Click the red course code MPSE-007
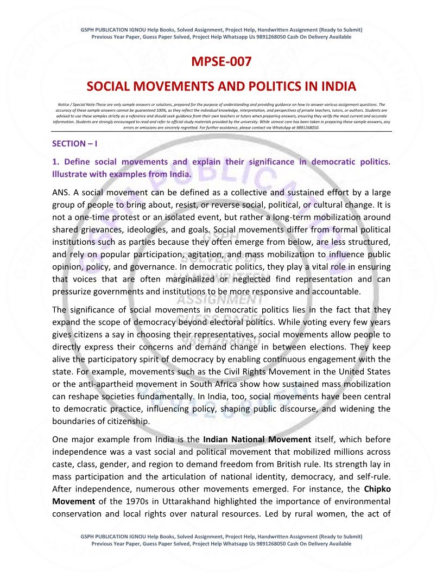[221, 62]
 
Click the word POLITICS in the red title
[262, 87]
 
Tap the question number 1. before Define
[55, 162]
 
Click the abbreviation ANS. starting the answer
[62, 193]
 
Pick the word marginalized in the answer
[207, 279]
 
